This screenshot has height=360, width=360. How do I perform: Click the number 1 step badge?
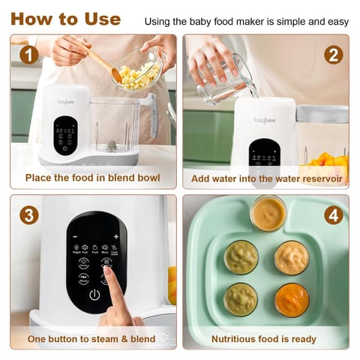28,55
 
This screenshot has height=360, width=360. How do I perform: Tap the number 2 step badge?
333,55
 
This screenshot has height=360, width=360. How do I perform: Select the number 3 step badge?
28,215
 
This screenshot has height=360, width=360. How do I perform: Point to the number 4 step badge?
333,215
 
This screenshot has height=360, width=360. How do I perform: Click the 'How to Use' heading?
65,19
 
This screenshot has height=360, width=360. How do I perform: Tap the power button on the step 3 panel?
94,295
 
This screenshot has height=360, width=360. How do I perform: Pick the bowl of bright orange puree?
292,300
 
